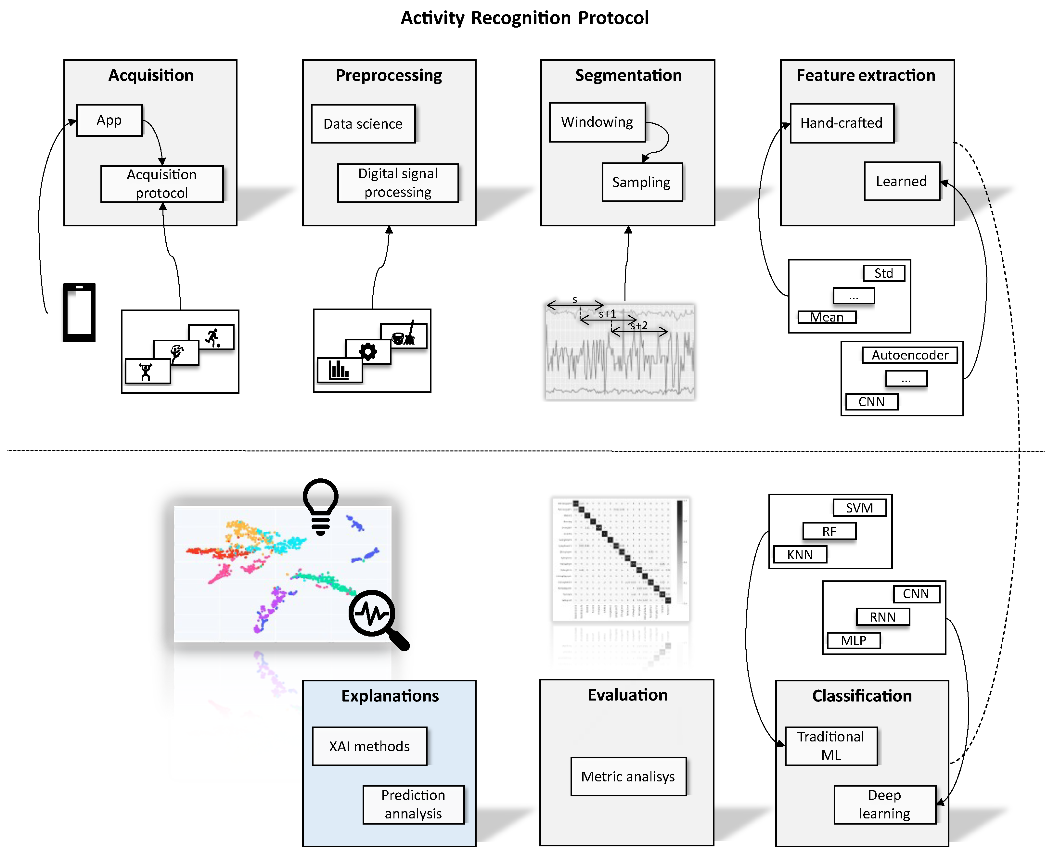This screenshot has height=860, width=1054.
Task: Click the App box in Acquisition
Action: coord(109,120)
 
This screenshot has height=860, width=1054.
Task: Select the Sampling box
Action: coord(641,182)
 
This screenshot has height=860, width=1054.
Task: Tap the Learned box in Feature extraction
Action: coord(901,181)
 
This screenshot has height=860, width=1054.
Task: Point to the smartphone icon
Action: coord(79,312)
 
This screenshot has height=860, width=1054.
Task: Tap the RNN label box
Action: coord(882,617)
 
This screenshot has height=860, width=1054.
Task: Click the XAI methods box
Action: coord(369,746)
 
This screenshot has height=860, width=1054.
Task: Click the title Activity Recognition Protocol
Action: coord(524,18)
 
